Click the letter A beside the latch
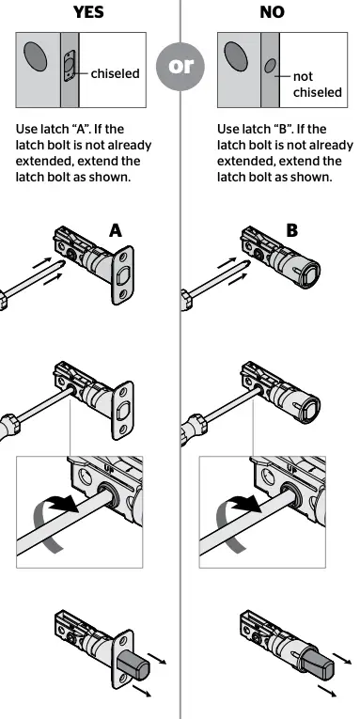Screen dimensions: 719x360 (x=116, y=228)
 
